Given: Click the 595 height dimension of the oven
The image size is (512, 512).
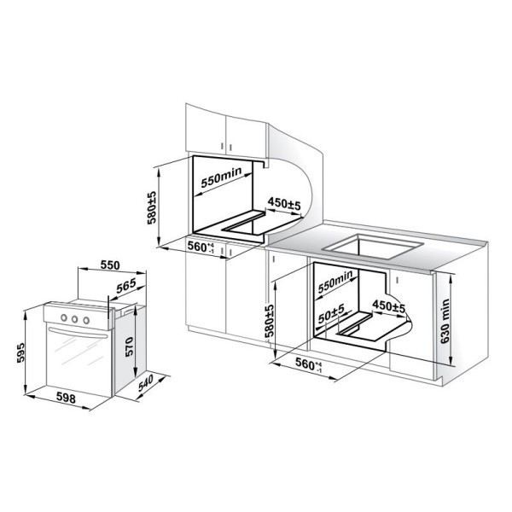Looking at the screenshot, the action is (x=20, y=352).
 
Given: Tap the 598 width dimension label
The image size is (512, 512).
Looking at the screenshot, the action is (x=66, y=398).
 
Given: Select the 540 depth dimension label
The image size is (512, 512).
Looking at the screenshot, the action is (x=145, y=383).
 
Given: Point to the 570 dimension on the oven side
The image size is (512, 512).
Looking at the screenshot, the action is (x=129, y=346).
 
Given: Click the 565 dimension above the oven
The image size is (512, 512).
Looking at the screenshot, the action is (x=126, y=286).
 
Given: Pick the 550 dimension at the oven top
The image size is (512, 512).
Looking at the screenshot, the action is (x=110, y=265).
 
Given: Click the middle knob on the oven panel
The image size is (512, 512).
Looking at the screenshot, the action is (x=75, y=318).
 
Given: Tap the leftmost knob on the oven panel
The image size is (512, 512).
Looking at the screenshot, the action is (x=64, y=317).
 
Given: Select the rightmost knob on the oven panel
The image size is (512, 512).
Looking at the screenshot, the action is (x=86, y=320).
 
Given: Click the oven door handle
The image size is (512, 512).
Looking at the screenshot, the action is (x=78, y=333).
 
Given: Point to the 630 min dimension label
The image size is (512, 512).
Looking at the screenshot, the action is (x=445, y=321).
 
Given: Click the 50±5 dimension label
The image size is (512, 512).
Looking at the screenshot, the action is (x=331, y=313).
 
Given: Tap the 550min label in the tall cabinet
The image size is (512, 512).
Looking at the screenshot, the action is (x=221, y=177).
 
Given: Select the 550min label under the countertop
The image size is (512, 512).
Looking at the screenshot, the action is (x=335, y=281).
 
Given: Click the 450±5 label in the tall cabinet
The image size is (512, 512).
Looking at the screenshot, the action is (x=284, y=203).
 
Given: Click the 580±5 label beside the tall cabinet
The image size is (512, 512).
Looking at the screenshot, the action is (x=152, y=207).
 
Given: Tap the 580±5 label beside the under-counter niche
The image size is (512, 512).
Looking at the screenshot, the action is (x=270, y=321).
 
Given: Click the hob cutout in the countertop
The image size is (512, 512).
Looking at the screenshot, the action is (x=373, y=247).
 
